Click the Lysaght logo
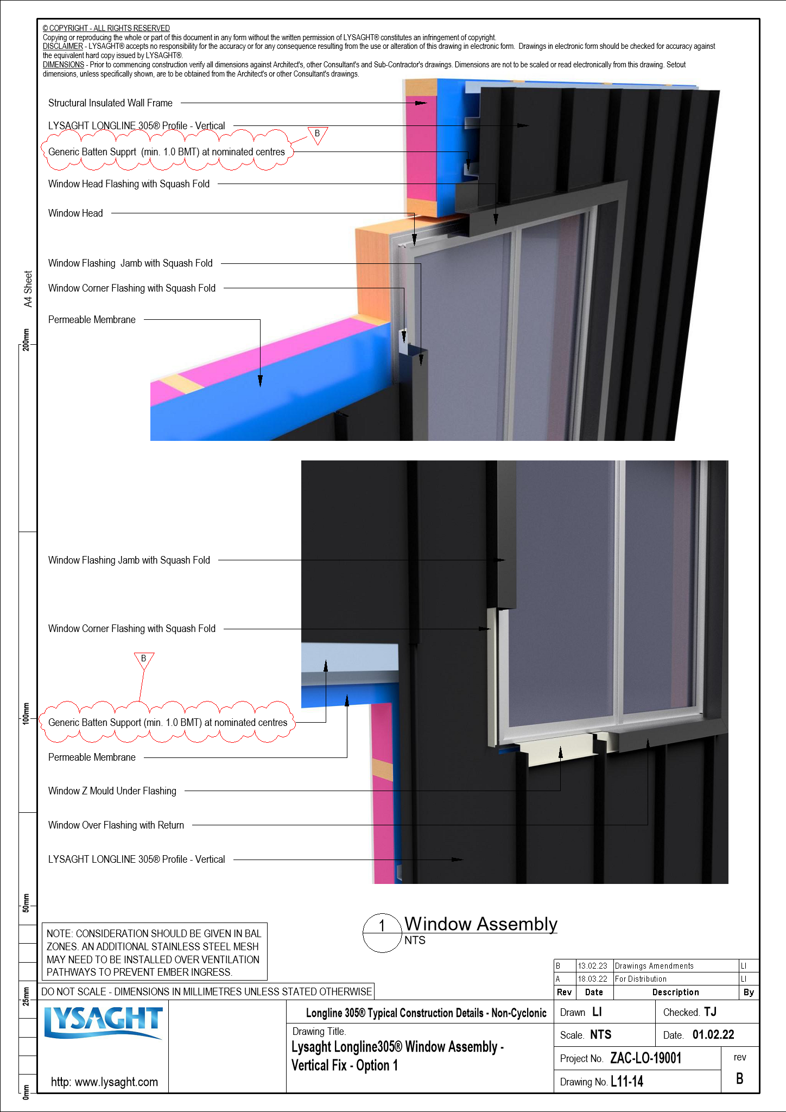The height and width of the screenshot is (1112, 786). click(x=103, y=1022)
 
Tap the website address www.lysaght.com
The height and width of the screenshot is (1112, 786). click(x=104, y=1082)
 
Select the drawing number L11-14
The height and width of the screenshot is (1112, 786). click(x=627, y=1082)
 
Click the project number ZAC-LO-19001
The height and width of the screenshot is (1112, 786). click(x=645, y=1058)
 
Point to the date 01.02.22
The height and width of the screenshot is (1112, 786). click(x=713, y=1035)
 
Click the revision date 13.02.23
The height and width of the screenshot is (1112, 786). click(x=592, y=966)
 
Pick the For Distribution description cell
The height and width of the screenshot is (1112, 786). click(x=641, y=979)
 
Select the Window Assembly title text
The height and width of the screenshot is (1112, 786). click(x=480, y=924)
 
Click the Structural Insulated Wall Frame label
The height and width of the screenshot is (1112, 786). click(x=110, y=103)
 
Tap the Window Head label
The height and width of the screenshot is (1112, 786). click(x=75, y=213)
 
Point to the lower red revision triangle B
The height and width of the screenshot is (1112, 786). click(x=144, y=660)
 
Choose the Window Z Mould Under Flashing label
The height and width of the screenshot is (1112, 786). click(x=112, y=791)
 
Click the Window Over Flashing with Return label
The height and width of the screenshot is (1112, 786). click(x=116, y=825)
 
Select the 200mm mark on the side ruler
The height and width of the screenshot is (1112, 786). click(x=26, y=340)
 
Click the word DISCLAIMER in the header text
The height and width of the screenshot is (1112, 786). click(x=62, y=47)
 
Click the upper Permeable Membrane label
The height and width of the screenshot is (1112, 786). click(x=92, y=320)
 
